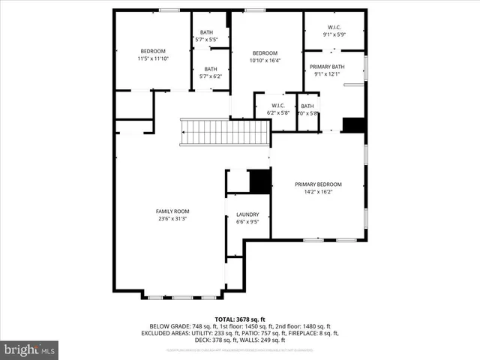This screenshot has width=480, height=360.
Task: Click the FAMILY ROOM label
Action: click(172, 211)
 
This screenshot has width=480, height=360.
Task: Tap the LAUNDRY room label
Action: click(247, 214)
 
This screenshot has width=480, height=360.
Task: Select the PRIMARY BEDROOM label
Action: click(318, 184)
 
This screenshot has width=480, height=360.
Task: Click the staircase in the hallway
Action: click(225, 133)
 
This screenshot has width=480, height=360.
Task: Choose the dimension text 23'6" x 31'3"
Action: click(172, 219)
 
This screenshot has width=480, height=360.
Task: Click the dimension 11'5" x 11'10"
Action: click(153, 58)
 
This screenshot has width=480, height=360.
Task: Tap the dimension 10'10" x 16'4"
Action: click(265, 60)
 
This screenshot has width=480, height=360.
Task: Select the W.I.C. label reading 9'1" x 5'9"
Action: click(334, 34)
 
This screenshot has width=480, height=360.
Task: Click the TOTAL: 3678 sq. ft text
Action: click(240, 319)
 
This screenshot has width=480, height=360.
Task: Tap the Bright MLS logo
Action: click(30, 349)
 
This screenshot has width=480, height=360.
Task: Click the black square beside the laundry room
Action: click(259, 181)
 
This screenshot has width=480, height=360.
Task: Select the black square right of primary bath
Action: click(352, 124)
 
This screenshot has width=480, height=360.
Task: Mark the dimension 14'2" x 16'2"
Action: click(318, 192)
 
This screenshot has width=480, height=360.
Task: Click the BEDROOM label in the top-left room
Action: click(153, 51)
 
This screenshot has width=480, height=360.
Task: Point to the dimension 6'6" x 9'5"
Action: click(247, 222)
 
